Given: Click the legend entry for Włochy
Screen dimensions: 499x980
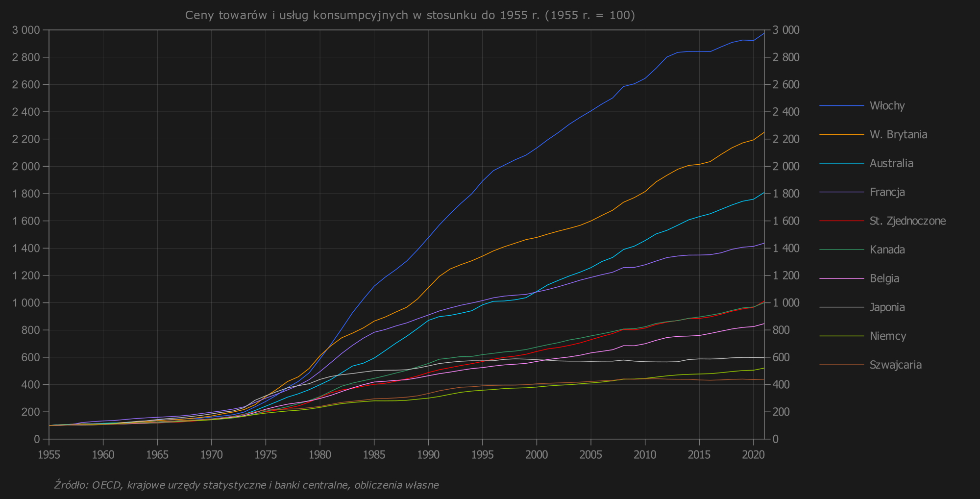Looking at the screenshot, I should point(887,106).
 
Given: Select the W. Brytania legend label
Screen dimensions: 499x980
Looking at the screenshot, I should point(898,135).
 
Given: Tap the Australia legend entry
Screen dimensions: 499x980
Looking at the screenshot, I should point(891,163).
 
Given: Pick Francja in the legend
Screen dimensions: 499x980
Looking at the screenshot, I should point(887,192).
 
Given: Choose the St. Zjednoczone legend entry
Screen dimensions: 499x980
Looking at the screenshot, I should point(907,221).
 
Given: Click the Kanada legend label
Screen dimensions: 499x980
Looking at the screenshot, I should point(887,250).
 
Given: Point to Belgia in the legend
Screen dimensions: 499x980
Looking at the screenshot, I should point(884,279).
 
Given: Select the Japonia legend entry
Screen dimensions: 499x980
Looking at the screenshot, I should point(887,308).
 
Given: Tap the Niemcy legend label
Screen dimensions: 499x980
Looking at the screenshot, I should point(887,336).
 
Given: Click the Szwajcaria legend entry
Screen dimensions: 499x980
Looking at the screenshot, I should point(896,365).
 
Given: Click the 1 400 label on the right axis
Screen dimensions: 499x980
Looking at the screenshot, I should point(786,249).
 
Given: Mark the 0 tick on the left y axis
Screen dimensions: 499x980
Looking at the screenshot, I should point(37,439).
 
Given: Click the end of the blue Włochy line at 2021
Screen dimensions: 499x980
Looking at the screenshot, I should point(764,33).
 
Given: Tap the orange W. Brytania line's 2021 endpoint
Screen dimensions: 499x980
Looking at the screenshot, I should point(764,132).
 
